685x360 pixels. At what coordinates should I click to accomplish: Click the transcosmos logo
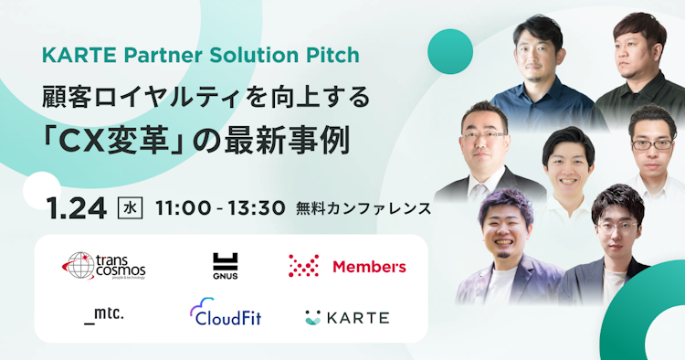pyautogui.click(x=104, y=266)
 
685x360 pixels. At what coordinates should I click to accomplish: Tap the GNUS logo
pyautogui.click(x=225, y=265)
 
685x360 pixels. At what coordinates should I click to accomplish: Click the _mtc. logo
pyautogui.click(x=103, y=316)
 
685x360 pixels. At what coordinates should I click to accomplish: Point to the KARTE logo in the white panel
pyautogui.click(x=347, y=318)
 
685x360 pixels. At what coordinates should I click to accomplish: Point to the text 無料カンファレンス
pyautogui.click(x=364, y=207)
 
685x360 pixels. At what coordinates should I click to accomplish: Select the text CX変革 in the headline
pyautogui.click(x=112, y=142)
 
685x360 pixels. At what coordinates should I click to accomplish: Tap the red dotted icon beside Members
pyautogui.click(x=303, y=266)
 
